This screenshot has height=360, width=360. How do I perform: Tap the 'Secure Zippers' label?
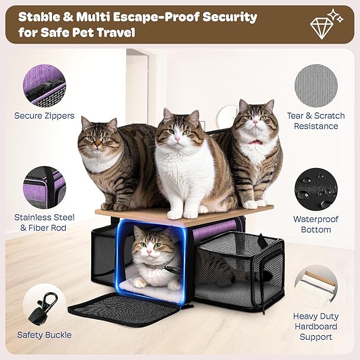[45, 116]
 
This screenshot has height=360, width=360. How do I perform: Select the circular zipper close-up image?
[44, 84]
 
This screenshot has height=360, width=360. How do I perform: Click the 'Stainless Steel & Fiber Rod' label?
[44, 223]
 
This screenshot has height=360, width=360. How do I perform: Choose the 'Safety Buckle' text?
[44, 335]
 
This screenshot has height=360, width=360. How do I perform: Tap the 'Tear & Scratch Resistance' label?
[315, 121]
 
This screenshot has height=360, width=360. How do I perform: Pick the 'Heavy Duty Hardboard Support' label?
[316, 326]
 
